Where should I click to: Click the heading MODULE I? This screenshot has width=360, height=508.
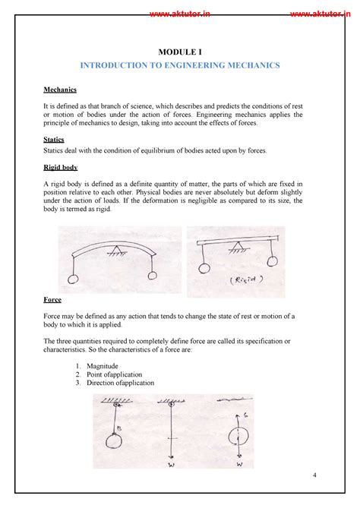point(179,52)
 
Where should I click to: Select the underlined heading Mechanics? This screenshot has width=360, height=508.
point(63,90)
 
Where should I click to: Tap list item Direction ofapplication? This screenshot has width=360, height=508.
point(120,383)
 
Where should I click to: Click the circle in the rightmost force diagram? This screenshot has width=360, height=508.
point(240,438)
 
